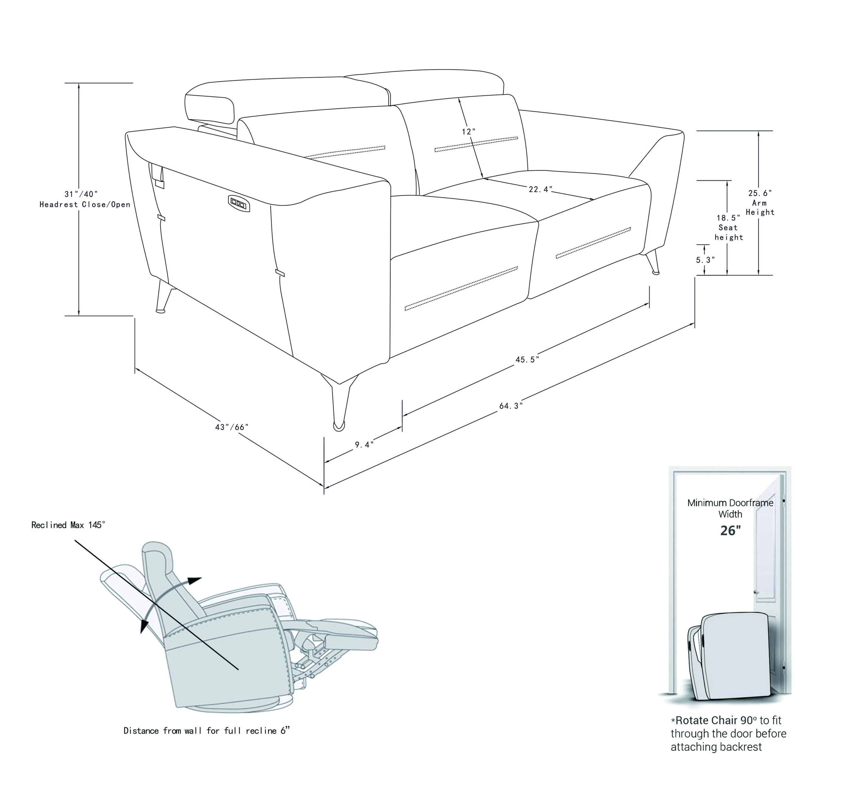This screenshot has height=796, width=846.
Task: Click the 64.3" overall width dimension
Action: pyautogui.click(x=511, y=406)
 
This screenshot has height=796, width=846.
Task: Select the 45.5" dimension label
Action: pyautogui.click(x=527, y=359)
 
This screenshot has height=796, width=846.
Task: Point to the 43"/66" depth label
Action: pyautogui.click(x=232, y=427)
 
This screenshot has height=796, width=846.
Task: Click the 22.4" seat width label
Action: pyautogui.click(x=540, y=189)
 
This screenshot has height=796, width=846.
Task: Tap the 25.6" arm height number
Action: pyautogui.click(x=760, y=193)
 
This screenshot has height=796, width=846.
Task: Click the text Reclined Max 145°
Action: pyautogui.click(x=68, y=525)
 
